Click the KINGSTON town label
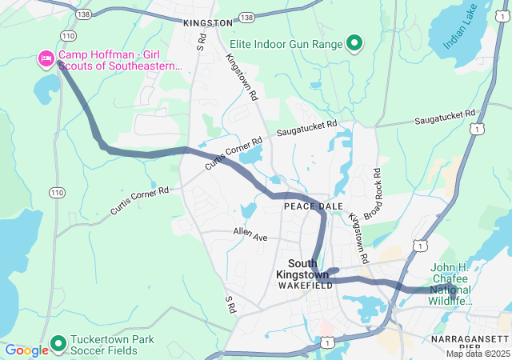(x=207, y=24)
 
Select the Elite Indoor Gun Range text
(x=286, y=43)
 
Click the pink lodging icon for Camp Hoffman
(x=46, y=58)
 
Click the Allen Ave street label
(x=250, y=234)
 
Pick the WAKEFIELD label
(x=300, y=285)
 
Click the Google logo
(x=27, y=350)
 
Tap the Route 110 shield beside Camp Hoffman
(x=68, y=36)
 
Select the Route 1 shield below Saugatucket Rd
(x=478, y=128)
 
